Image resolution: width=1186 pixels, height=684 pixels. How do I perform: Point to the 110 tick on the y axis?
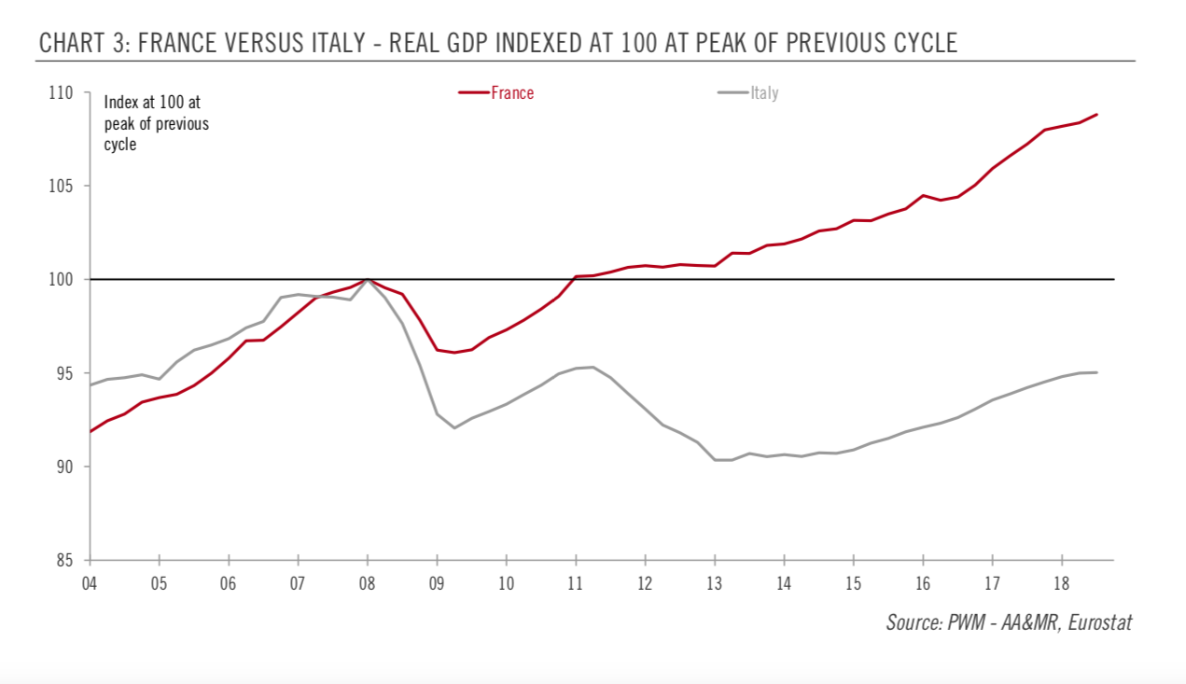tap(61, 92)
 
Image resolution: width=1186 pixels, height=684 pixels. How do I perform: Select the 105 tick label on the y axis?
tap(61, 186)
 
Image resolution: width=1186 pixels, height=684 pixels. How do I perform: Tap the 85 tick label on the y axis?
tap(63, 560)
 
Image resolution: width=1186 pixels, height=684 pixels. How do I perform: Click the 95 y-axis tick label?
tap(63, 373)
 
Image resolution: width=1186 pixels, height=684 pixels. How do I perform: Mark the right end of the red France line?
tap(1096, 115)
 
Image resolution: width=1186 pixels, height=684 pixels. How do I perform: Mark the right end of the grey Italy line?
tap(1096, 372)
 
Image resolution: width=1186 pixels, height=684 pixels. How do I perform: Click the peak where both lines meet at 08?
tap(368, 279)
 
